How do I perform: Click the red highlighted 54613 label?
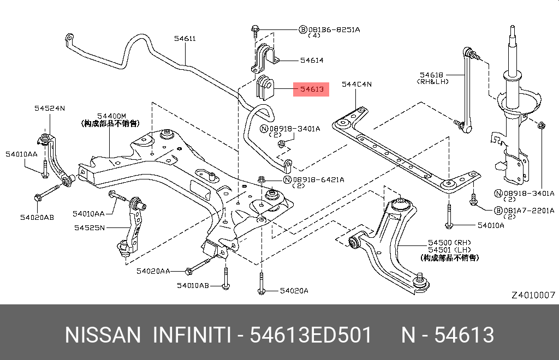coord(311,89)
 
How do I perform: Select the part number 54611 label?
coord(185,39)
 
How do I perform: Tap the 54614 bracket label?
coord(312,61)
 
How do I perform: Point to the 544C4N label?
coord(356,85)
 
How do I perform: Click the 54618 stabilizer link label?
coord(431,75)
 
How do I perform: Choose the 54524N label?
coord(50,108)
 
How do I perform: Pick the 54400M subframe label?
coord(111,116)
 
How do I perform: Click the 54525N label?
coord(90,227)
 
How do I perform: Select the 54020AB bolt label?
coord(37,218)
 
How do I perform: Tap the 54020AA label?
coord(153,271)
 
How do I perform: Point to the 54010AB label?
coord(193,286)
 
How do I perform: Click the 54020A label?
coord(294,291)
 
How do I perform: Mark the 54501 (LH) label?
coord(450,250)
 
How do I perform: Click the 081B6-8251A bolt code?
coord(334,30)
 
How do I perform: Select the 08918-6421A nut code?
coord(318,180)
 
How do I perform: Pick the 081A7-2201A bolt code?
coord(529,211)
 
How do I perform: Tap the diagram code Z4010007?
coord(533,295)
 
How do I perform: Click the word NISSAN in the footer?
coord(103,335)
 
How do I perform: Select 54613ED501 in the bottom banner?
coord(311,335)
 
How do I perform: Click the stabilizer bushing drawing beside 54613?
coord(265,88)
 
